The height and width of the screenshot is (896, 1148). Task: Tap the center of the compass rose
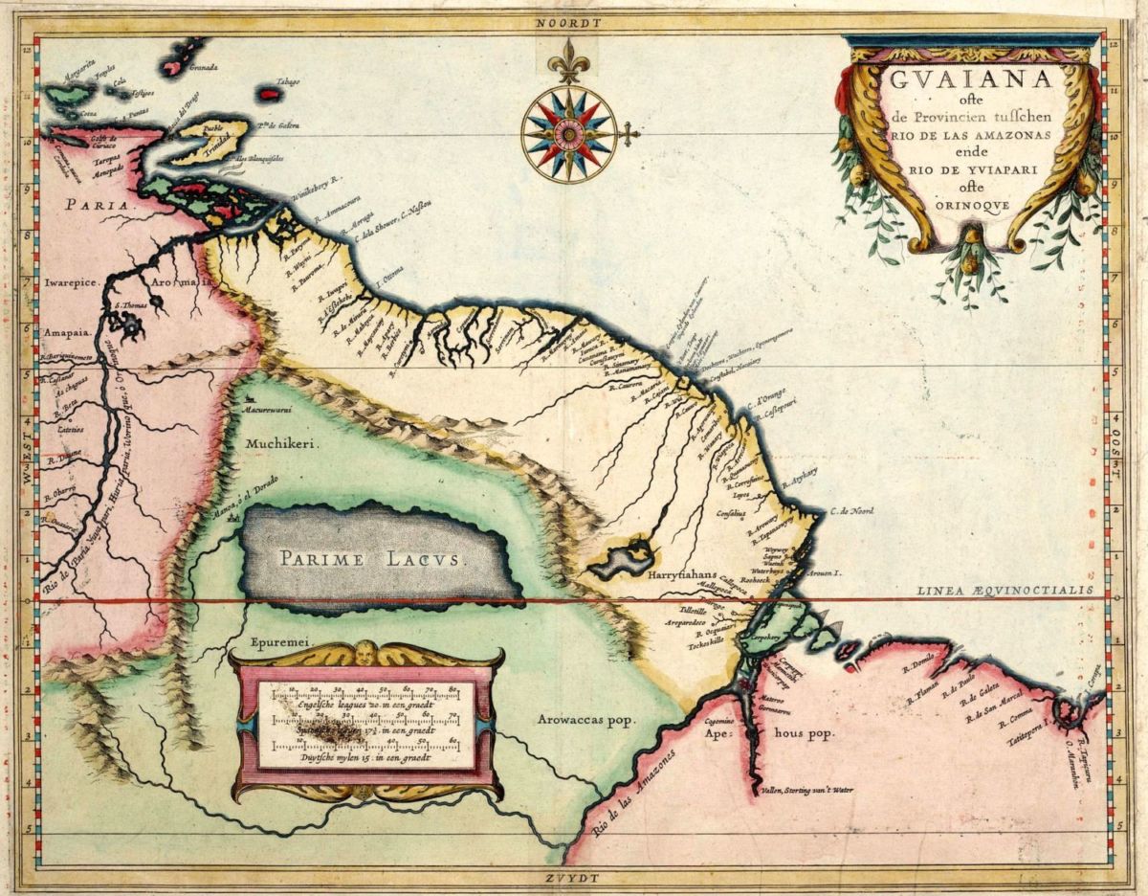[x=569, y=134]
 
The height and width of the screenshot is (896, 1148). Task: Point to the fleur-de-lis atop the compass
[x=569, y=60]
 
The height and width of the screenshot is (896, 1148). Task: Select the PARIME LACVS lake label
[x=370, y=559]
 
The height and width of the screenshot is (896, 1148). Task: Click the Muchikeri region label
[x=281, y=443]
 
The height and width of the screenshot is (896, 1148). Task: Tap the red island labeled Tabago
[x=269, y=94]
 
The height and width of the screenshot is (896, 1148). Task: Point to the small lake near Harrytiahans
[x=622, y=558]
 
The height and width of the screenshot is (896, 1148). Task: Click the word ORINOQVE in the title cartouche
[x=971, y=204]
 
